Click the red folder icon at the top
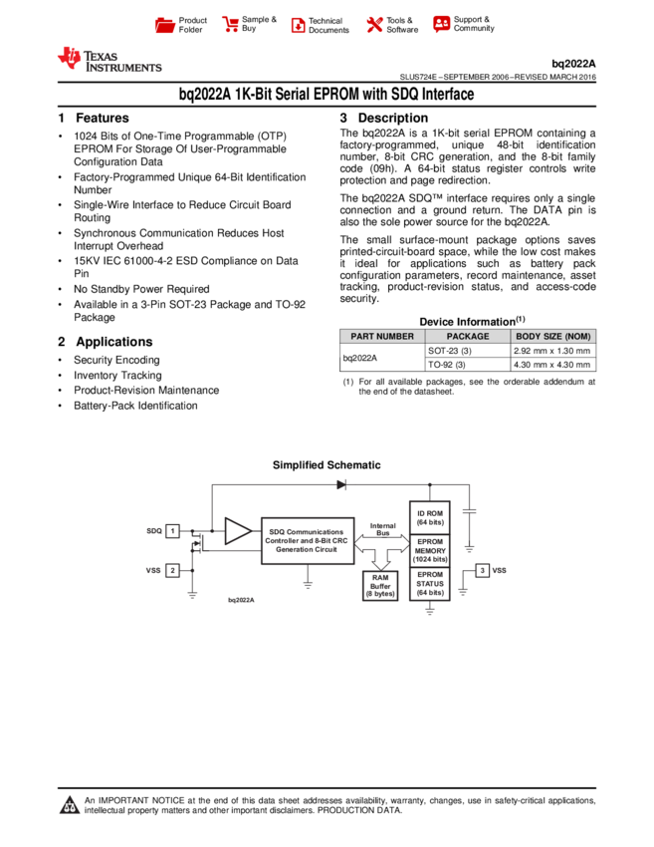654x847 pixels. [165, 25]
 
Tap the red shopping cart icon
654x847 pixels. [231, 25]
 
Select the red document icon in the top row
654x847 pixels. [298, 25]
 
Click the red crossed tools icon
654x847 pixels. [374, 25]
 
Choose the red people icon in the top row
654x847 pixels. [442, 24]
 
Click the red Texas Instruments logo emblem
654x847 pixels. [70, 58]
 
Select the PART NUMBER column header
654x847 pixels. [382, 337]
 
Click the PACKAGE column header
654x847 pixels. [468, 337]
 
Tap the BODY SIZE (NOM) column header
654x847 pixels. [553, 337]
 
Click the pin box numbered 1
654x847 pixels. [172, 531]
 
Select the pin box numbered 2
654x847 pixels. [172, 570]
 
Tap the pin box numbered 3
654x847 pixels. [482, 570]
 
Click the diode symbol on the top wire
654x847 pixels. [341, 484]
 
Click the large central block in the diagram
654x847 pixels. [307, 540]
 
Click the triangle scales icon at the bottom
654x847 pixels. [70, 805]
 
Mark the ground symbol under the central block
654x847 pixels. [308, 585]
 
